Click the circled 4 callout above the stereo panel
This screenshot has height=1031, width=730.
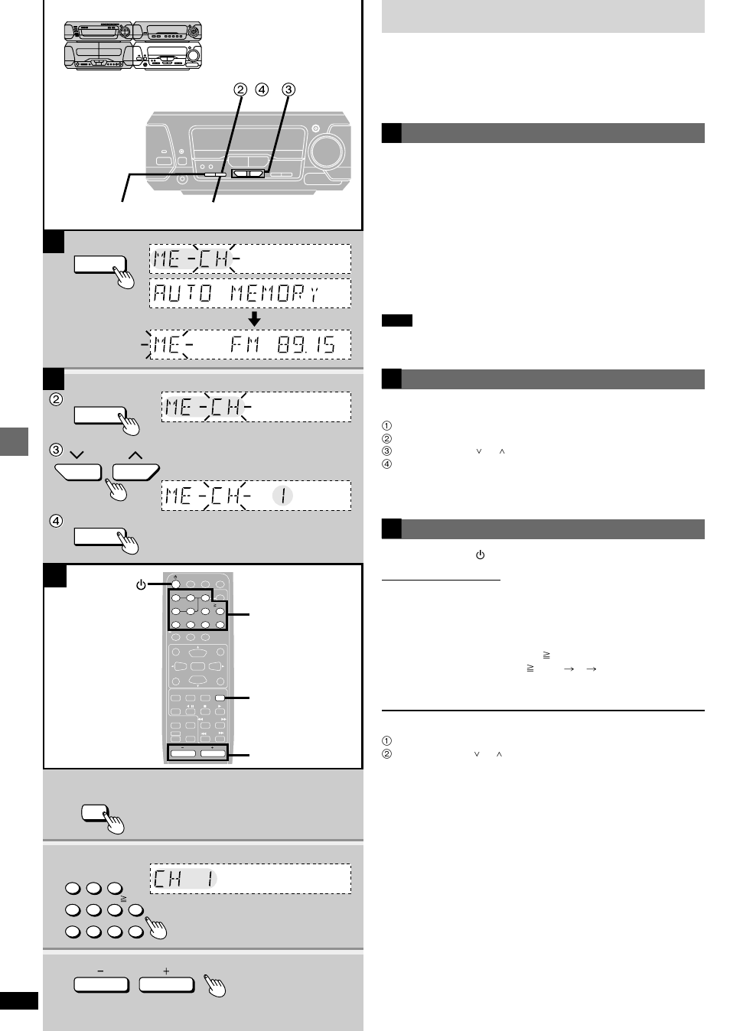point(262,89)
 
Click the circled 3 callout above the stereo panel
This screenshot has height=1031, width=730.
point(288,89)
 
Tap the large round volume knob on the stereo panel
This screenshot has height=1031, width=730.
point(327,151)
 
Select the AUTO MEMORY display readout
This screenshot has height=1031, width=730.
point(237,293)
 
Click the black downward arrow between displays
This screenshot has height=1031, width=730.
point(255,318)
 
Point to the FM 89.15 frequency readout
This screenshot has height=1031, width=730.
point(282,345)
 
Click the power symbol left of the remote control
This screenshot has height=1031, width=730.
point(141,585)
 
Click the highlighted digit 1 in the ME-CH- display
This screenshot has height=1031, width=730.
point(282,496)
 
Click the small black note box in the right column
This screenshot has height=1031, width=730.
point(396,320)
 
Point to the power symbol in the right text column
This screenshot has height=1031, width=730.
point(481,555)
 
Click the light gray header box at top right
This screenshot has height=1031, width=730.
point(543,16)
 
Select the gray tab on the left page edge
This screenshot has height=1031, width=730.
point(14,441)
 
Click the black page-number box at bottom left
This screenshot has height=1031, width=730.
point(18,1000)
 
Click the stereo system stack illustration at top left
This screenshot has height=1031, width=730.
point(133,46)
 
